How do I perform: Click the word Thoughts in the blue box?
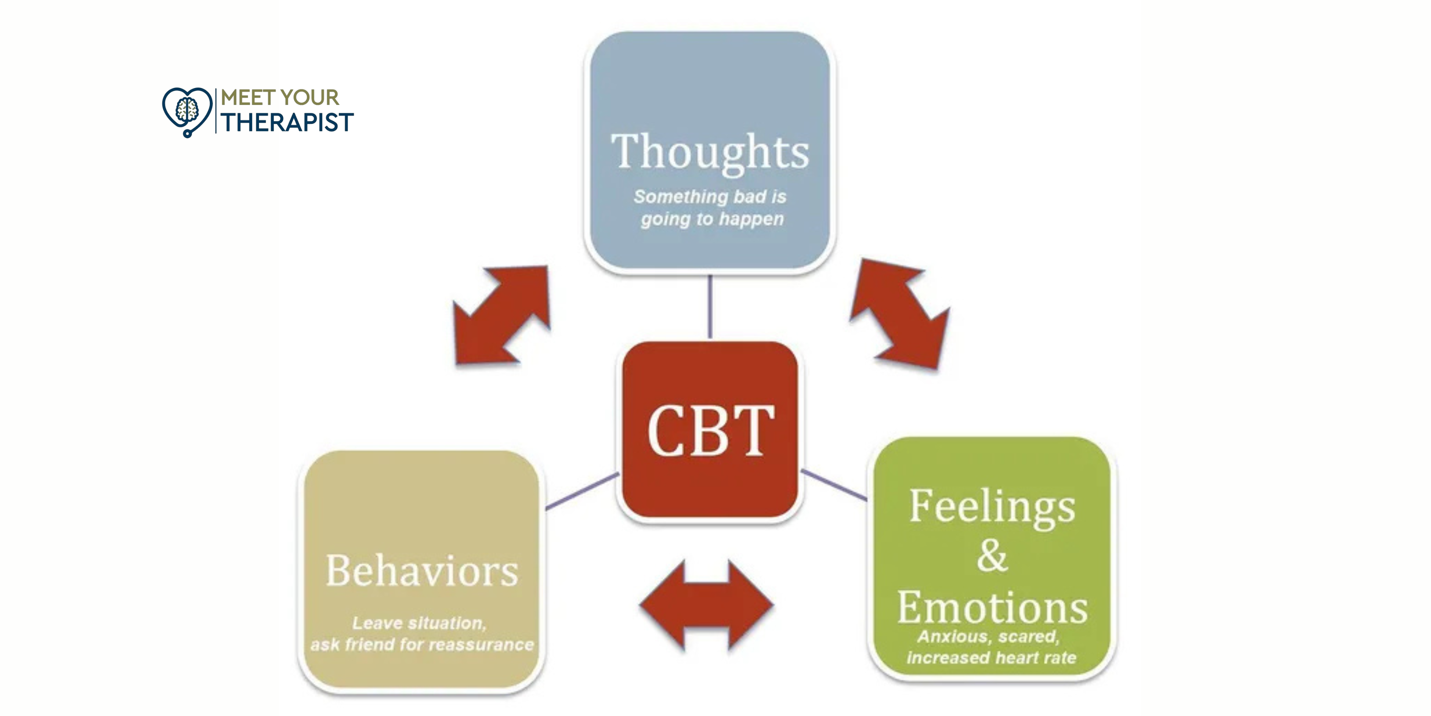coord(710,152)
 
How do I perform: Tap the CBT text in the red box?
coord(710,430)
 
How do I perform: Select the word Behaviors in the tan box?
coord(422,571)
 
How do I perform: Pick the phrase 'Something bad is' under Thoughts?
coord(710,197)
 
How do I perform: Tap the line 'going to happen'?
coord(712,219)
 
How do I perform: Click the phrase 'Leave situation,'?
coord(419,623)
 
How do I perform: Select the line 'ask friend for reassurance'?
coord(422,645)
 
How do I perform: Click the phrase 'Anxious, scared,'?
coord(989,636)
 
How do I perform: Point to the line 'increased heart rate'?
coord(991,658)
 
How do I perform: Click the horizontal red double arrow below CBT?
coord(706,605)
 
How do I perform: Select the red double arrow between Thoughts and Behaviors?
coord(502,316)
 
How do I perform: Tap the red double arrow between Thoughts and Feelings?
coord(900,314)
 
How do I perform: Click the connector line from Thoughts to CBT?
coord(710,307)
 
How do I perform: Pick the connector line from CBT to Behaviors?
coord(582,491)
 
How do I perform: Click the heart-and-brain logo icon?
coord(187,111)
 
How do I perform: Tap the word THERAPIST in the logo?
coord(287,123)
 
